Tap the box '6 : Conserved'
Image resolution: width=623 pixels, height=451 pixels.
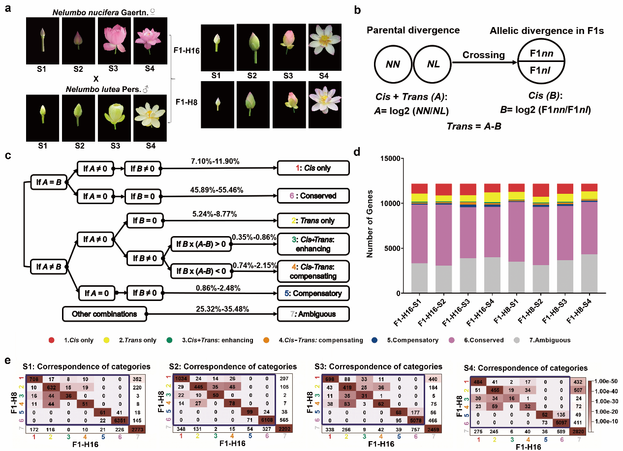(x=313, y=195)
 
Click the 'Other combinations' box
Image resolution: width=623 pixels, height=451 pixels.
(x=105, y=313)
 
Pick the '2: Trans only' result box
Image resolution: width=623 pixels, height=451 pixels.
(x=313, y=220)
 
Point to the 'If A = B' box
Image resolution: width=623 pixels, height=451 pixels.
(x=49, y=181)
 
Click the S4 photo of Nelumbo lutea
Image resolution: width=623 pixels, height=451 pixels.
(x=150, y=111)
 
